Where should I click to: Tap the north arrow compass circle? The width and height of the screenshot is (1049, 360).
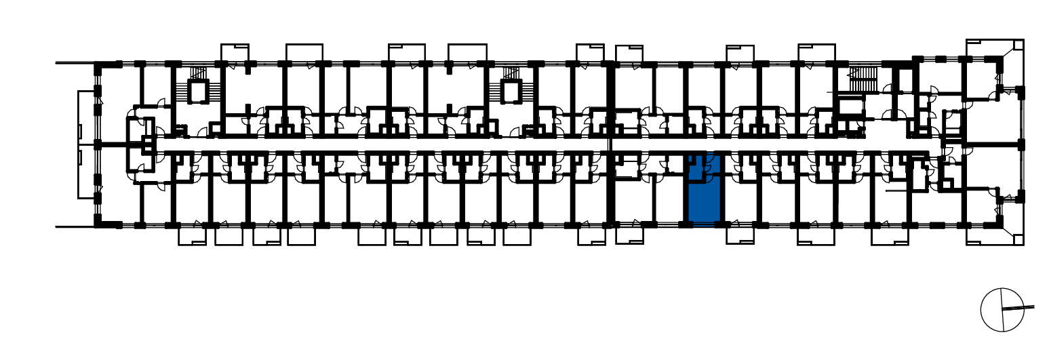point(1002,310)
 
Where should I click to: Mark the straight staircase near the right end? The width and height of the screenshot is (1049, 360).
point(863,80)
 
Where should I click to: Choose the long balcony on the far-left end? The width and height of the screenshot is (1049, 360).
point(87,144)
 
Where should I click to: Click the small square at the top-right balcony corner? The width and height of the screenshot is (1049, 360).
point(1018,44)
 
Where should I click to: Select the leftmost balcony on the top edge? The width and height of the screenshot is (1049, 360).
point(235,53)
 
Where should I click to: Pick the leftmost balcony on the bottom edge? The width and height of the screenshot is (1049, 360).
point(193,236)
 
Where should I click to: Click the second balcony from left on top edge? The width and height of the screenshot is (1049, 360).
point(304,53)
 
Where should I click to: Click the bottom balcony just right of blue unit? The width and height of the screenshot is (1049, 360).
point(740,235)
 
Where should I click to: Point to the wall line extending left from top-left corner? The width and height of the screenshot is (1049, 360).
point(75,63)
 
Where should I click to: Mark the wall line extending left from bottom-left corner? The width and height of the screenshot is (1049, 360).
point(75,227)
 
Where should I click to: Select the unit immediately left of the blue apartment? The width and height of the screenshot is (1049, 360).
point(668,200)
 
